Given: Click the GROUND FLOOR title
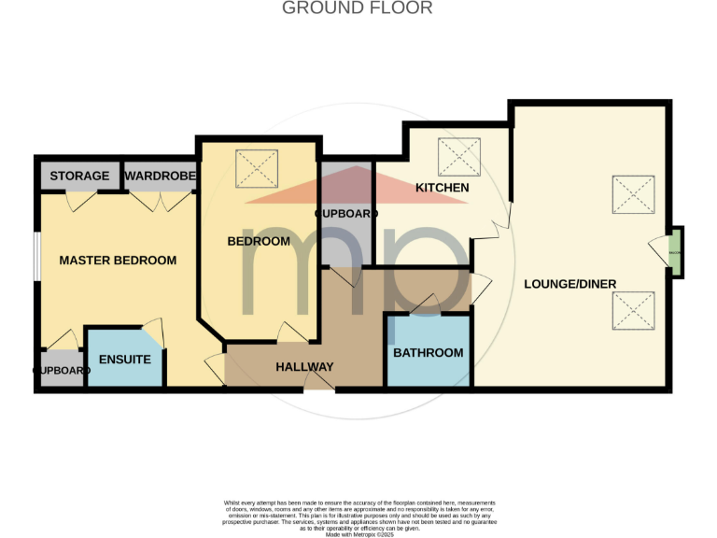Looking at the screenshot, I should (x=358, y=8).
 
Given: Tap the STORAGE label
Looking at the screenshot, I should (x=79, y=176).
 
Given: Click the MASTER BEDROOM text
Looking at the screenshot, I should (x=118, y=260).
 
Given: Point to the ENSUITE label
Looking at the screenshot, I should (x=124, y=359).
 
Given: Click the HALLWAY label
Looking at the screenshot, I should (x=304, y=367).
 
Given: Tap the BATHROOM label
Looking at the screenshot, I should (x=428, y=352).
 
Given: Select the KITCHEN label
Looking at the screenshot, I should (x=442, y=188).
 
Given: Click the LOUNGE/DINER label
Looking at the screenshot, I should (x=569, y=284).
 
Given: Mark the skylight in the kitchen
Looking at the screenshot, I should (x=459, y=153).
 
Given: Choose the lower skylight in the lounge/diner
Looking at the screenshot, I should (x=632, y=310).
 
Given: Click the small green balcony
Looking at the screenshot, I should (x=675, y=251).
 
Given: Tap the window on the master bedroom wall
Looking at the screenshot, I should (x=36, y=254).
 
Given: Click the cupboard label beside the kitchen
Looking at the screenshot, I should (x=346, y=214).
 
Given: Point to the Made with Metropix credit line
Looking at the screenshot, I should (x=358, y=533).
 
